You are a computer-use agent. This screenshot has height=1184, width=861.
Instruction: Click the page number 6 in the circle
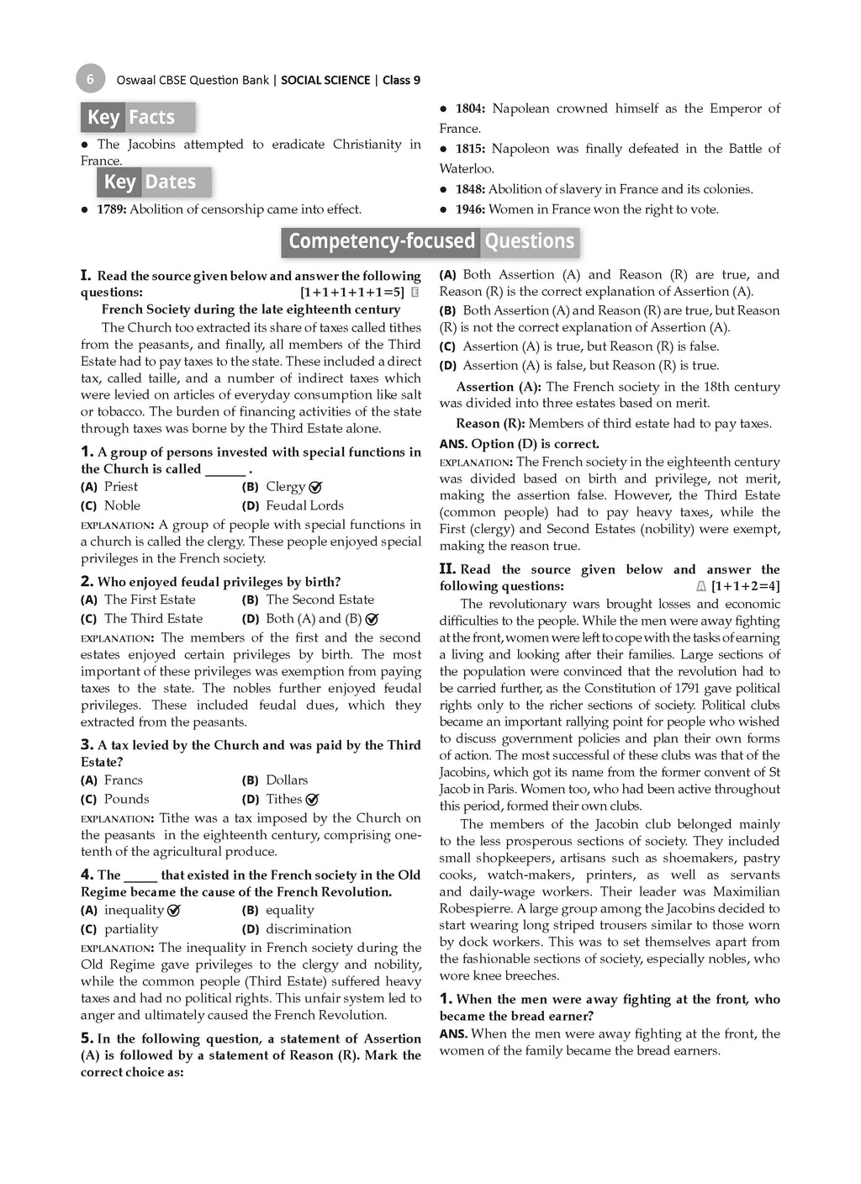click(90, 79)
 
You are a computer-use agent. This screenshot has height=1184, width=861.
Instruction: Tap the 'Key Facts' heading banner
click(138, 117)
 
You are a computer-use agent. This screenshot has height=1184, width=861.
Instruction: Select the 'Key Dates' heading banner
click(154, 182)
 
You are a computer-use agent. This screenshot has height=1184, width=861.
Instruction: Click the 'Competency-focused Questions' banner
click(430, 242)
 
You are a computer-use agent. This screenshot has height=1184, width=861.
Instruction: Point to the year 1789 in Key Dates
click(111, 209)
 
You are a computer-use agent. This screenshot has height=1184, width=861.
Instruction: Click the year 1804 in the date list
click(469, 108)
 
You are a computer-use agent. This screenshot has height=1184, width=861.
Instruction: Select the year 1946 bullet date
click(469, 209)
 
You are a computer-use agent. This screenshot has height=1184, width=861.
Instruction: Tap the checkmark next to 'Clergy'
click(316, 487)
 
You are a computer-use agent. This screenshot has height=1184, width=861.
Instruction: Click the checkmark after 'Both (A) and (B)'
click(372, 619)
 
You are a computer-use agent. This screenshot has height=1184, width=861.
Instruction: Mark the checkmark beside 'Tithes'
click(312, 800)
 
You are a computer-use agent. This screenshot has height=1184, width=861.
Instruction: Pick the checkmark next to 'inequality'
click(174, 910)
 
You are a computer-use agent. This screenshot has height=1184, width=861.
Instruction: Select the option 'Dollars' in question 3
click(287, 780)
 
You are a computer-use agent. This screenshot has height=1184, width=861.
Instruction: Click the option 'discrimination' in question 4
click(309, 929)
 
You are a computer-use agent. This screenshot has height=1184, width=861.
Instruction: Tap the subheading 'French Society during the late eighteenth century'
click(251, 309)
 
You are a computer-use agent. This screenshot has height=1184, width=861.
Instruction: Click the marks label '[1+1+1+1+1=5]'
click(352, 293)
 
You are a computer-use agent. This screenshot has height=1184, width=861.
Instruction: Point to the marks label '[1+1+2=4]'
click(745, 586)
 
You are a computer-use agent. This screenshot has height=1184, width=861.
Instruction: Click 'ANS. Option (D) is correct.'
click(519, 444)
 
